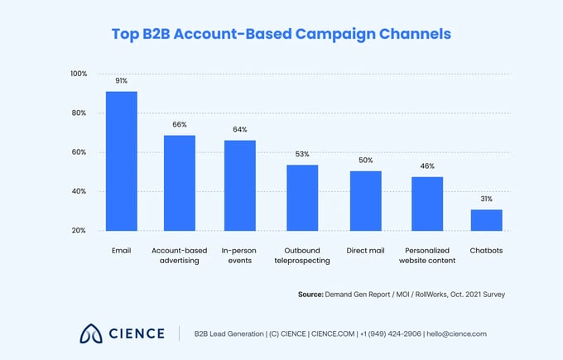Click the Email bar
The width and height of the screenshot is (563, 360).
click(122, 161)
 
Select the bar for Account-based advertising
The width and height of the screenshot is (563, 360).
click(179, 183)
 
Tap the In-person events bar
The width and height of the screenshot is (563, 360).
click(240, 185)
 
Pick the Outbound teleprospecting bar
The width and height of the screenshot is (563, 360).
click(302, 198)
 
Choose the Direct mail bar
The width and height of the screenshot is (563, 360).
click(365, 201)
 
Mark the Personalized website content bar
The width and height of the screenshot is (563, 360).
click(427, 204)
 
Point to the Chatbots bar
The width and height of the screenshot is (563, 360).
click(487, 220)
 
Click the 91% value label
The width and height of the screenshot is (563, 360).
click(122, 81)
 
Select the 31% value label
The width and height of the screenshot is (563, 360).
click(487, 199)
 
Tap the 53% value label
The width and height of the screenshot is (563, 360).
click(302, 155)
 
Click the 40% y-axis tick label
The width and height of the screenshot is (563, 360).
click(79, 191)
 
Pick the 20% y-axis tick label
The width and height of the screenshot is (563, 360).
click(79, 230)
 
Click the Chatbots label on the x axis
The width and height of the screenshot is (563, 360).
click(487, 249)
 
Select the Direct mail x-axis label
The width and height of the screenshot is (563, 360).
click(365, 249)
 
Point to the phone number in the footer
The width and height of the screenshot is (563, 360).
click(389, 334)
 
